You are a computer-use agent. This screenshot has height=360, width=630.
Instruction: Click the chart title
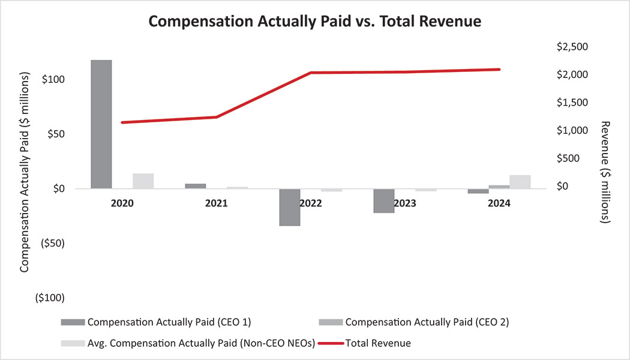(314, 21)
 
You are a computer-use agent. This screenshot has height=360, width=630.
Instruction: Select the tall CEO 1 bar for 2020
(101, 124)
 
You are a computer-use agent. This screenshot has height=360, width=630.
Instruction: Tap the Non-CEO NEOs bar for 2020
(143, 181)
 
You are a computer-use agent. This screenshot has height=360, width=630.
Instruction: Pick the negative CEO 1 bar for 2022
(290, 207)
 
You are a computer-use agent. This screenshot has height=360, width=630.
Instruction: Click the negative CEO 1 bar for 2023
(384, 201)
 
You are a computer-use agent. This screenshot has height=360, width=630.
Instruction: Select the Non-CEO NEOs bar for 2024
(520, 182)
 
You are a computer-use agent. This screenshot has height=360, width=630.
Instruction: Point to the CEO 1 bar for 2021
(196, 186)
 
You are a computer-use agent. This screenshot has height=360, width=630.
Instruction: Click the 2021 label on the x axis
(216, 203)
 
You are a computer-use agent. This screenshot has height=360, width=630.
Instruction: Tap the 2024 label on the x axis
(499, 203)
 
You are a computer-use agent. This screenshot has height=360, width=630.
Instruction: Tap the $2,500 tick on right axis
(572, 47)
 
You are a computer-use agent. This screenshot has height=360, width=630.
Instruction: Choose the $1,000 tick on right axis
(572, 130)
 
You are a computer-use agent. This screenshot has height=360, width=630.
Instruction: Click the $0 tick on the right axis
(563, 186)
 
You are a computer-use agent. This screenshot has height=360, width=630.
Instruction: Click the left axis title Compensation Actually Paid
(25, 173)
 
